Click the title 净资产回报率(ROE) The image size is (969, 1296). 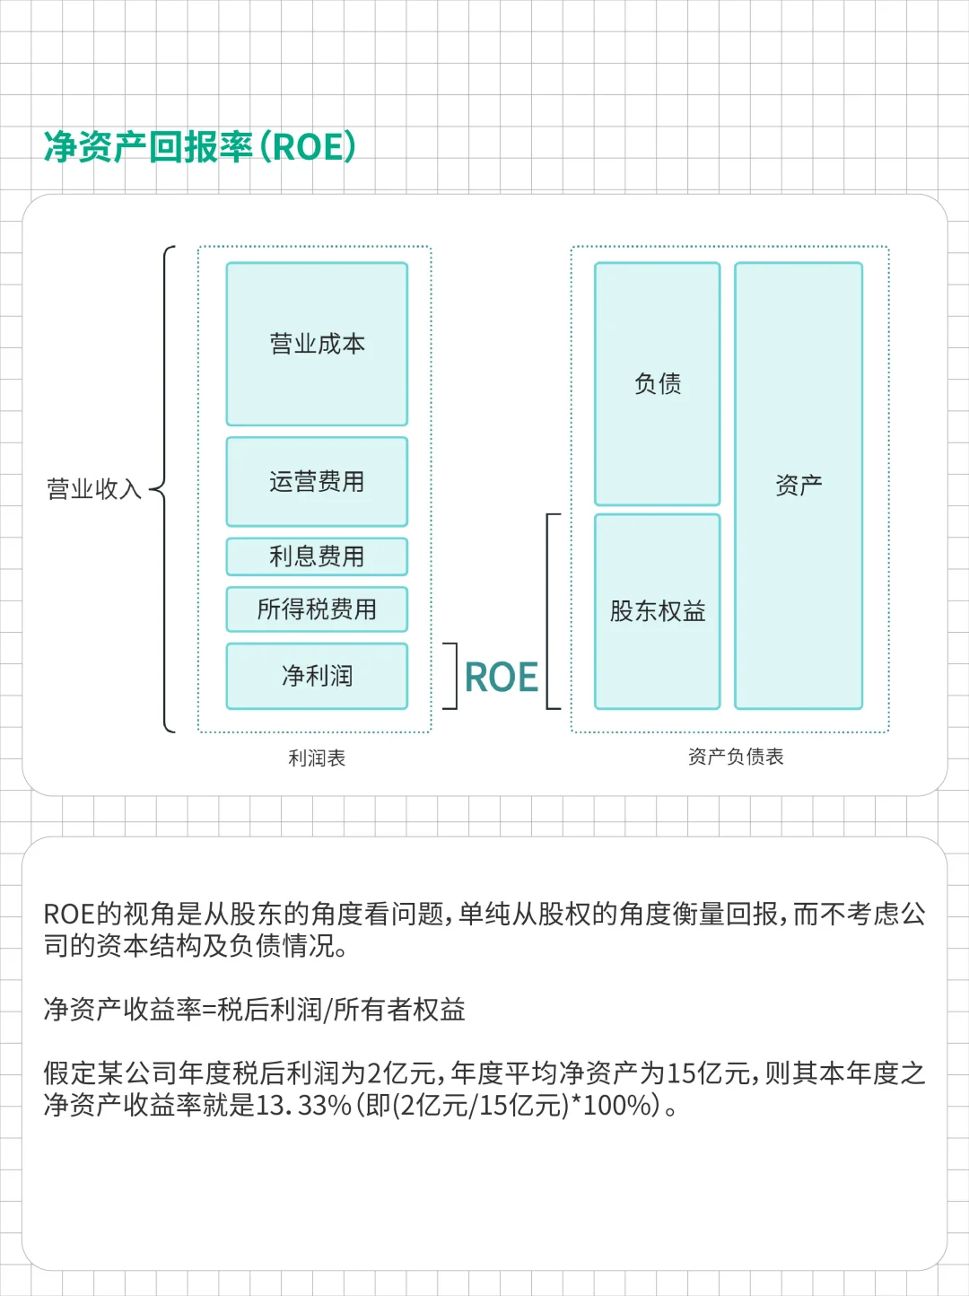tap(200, 147)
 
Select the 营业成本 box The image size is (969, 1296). tap(317, 344)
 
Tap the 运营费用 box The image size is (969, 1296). tap(317, 482)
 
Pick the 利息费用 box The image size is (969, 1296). tap(317, 556)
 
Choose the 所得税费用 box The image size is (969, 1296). tap(317, 609)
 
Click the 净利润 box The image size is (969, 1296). tap(317, 676)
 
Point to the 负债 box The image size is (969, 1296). tap(658, 384)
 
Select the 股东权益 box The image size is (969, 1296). tap(658, 611)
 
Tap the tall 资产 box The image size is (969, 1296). tap(799, 486)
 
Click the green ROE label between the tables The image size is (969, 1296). tap(502, 678)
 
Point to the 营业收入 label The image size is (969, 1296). tap(94, 489)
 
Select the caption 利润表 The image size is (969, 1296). tap(317, 758)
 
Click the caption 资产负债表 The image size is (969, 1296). tap(736, 757)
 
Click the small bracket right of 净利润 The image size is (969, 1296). tap(452, 676)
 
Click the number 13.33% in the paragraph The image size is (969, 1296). tap(303, 1105)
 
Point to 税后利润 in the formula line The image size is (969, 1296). tap(257, 1010)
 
